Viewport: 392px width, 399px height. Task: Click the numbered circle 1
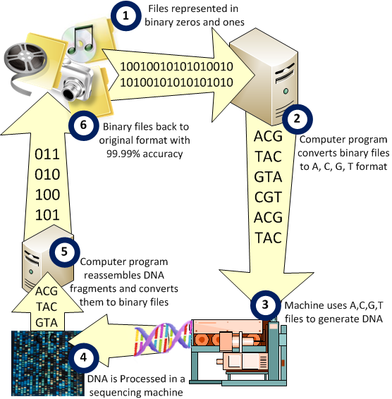pyautogui.click(x=125, y=16)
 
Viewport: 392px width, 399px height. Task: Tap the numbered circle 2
pyautogui.click(x=297, y=119)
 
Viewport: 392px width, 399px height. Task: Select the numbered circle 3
pyautogui.click(x=265, y=305)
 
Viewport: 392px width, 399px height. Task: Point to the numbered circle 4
pyautogui.click(x=83, y=358)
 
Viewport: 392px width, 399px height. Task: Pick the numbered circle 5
pyautogui.click(x=64, y=252)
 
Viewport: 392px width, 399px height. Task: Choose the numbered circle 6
pyautogui.click(x=83, y=125)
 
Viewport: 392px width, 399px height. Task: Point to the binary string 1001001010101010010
pyautogui.click(x=176, y=67)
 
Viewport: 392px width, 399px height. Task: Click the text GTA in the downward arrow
pyautogui.click(x=268, y=177)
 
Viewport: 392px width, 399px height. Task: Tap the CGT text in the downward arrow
pyautogui.click(x=268, y=197)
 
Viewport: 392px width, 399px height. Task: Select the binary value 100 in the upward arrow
pyautogui.click(x=47, y=195)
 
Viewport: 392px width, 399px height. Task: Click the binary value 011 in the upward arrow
pyautogui.click(x=47, y=154)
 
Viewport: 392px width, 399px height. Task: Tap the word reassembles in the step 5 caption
pyautogui.click(x=124, y=275)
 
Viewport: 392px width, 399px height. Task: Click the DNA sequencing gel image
pyautogui.click(x=48, y=363)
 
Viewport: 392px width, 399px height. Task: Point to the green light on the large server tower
pyautogui.click(x=286, y=91)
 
